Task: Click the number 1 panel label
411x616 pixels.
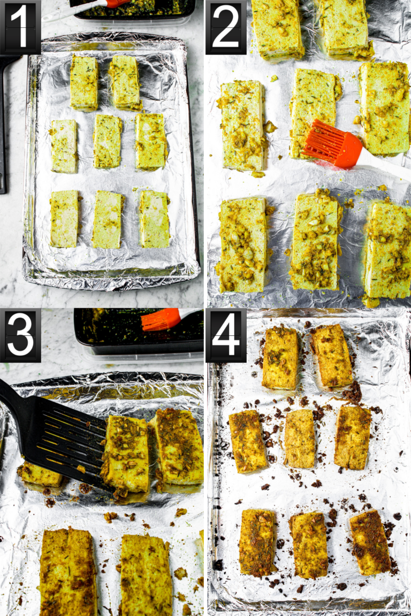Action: click(20, 27)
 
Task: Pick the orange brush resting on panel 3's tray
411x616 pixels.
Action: click(161, 319)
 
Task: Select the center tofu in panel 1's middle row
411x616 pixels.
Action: click(107, 142)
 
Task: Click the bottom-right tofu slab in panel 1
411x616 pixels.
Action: click(155, 219)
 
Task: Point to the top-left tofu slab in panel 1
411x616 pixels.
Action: click(84, 83)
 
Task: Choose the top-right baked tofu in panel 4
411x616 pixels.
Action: click(332, 356)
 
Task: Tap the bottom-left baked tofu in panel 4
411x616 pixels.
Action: click(257, 543)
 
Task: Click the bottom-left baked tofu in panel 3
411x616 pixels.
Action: click(68, 572)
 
